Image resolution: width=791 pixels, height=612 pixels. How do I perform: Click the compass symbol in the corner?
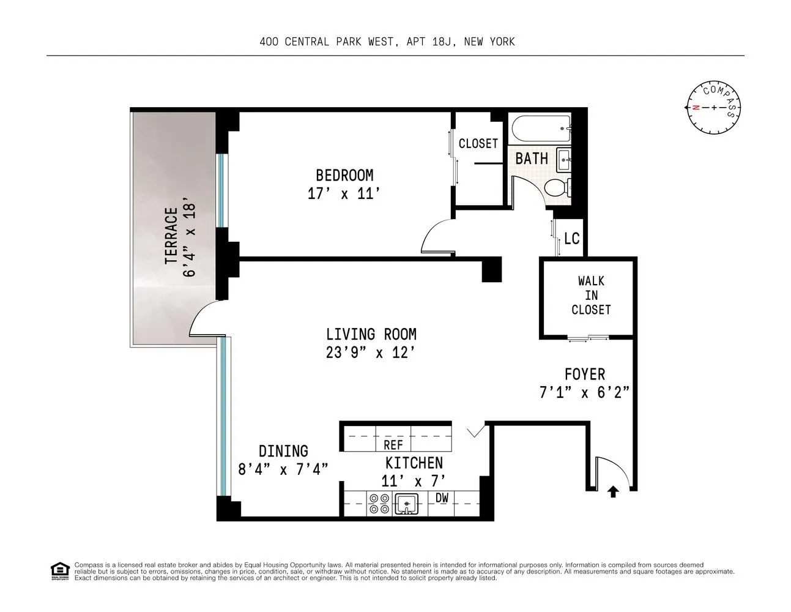point(713,108)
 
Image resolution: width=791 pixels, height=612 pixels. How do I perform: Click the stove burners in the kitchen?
point(379,504)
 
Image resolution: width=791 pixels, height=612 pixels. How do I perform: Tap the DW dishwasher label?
point(442,498)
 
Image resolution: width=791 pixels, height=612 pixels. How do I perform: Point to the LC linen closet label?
point(571,238)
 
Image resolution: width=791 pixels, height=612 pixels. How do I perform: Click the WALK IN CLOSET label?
point(591,295)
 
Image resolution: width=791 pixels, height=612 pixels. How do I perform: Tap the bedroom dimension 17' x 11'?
point(344,194)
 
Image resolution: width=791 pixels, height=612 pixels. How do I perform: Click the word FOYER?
point(584,374)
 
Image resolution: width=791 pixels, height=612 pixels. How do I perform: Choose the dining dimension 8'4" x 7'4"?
point(283,469)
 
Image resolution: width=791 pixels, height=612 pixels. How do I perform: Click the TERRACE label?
point(171,236)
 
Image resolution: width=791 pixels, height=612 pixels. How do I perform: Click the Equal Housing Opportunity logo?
point(59,570)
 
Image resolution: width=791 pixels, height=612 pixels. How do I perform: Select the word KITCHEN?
point(414,463)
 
